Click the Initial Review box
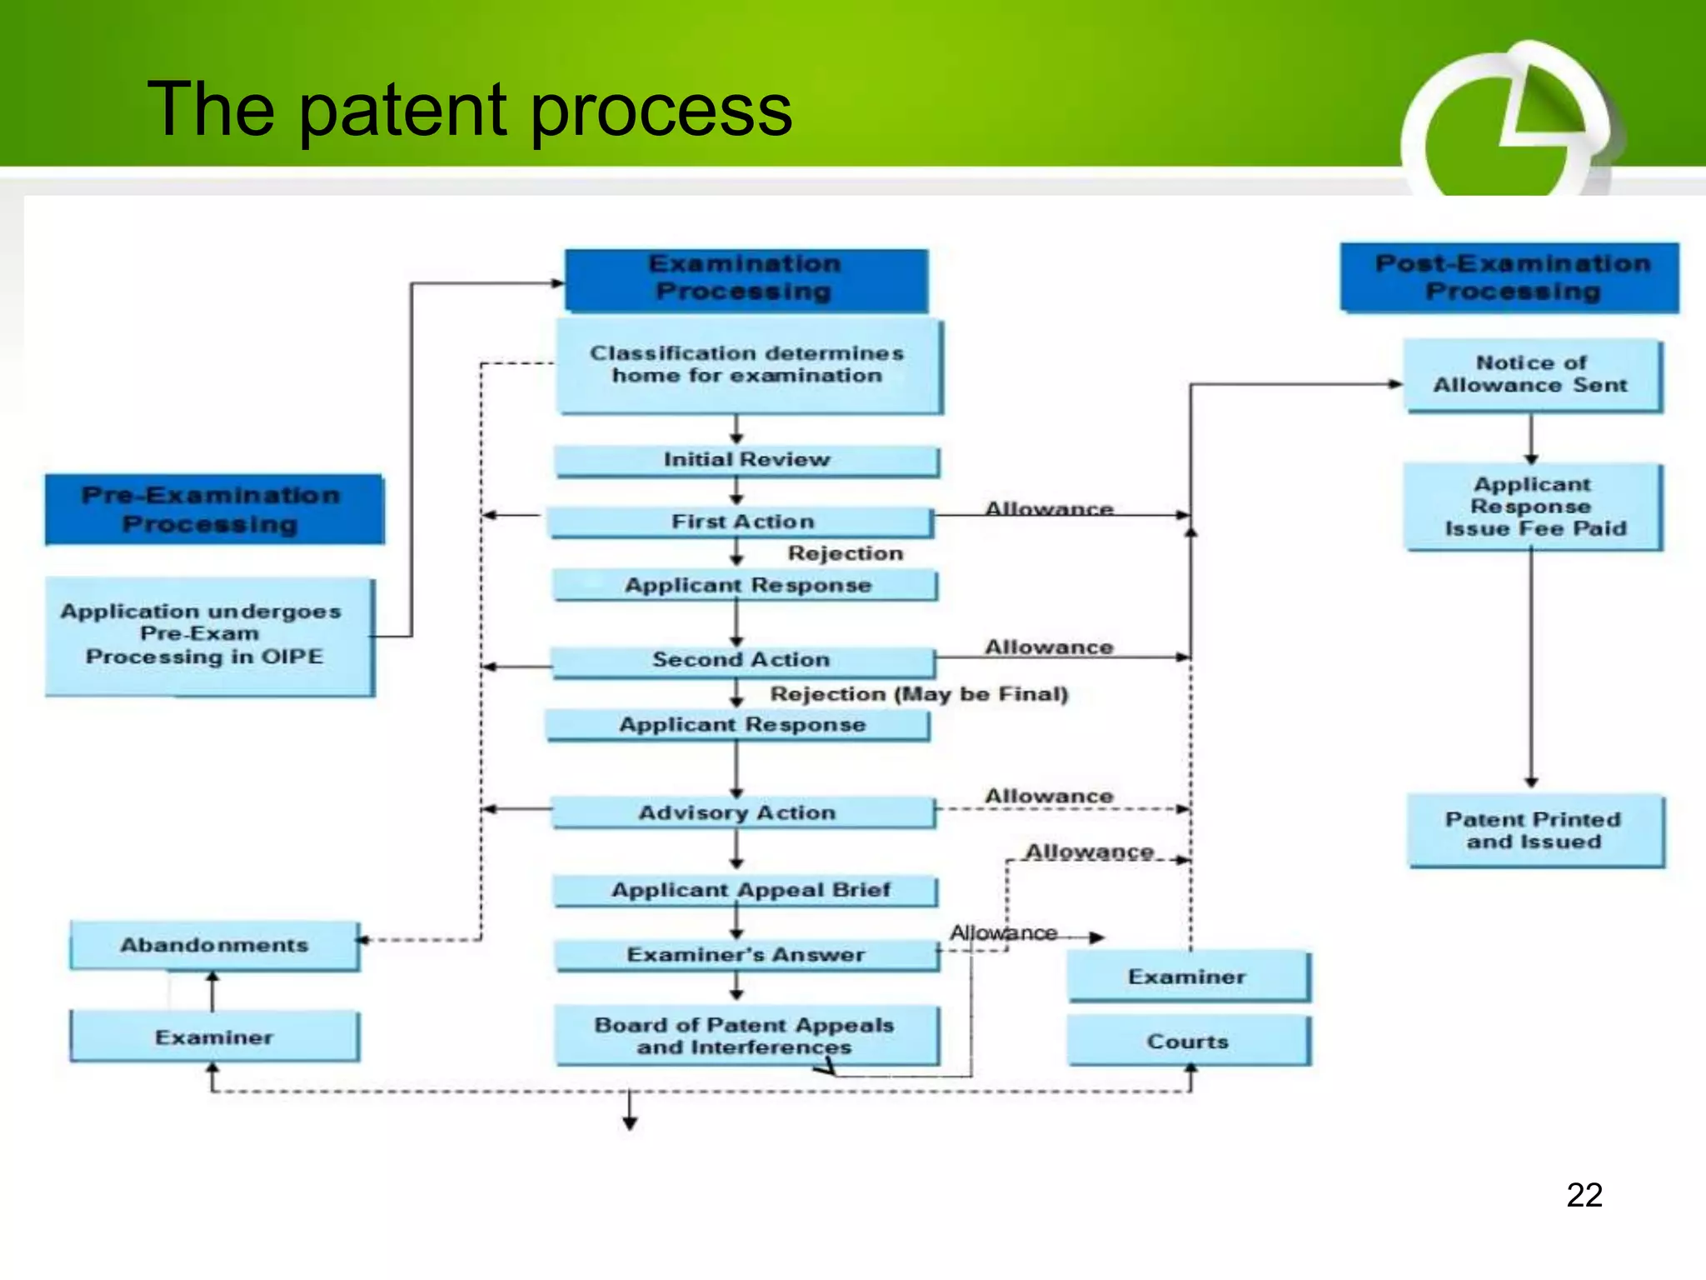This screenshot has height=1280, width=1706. click(x=746, y=460)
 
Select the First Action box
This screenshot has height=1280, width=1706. click(x=741, y=522)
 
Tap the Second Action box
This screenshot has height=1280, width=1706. click(x=741, y=660)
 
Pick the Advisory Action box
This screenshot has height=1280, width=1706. click(x=738, y=812)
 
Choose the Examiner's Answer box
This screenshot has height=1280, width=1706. click(x=746, y=955)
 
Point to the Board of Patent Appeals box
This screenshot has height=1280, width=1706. click(x=746, y=1036)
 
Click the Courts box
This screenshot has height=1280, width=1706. click(x=1188, y=1042)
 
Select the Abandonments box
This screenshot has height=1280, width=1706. click(x=214, y=945)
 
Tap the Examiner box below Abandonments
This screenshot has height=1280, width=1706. click(x=214, y=1037)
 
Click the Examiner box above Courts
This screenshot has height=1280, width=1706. click(x=1188, y=977)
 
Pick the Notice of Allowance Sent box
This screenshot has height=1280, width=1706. click(x=1531, y=375)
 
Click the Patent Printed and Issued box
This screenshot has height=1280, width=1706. click(x=1534, y=831)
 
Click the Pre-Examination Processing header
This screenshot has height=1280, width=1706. click(x=212, y=509)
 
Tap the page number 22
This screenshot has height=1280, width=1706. click(x=1584, y=1195)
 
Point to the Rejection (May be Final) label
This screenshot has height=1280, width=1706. click(x=919, y=694)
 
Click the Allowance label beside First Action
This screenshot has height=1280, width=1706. click(x=1049, y=508)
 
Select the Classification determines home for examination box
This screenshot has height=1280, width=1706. click(x=747, y=365)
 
